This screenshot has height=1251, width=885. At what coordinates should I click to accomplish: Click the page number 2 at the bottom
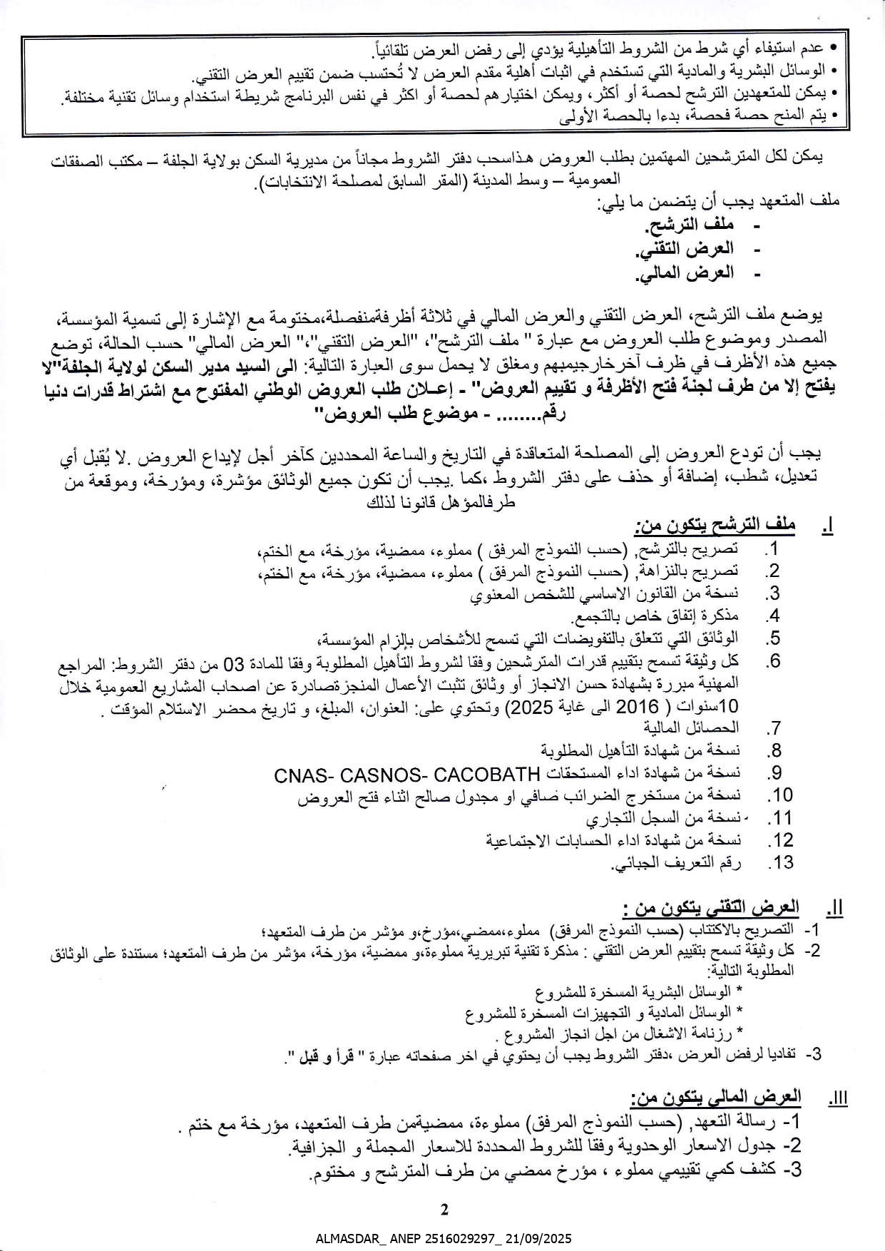[444, 1209]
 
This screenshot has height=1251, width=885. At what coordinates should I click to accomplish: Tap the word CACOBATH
[487, 774]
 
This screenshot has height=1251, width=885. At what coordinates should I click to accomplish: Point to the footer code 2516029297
[453, 1239]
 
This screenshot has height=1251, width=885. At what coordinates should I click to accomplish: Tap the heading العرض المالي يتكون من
[716, 1097]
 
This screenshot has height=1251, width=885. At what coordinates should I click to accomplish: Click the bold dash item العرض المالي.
[687, 273]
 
